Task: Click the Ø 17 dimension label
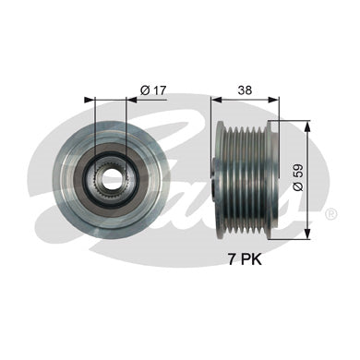153,90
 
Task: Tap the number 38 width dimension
245,90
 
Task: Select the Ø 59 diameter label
298,177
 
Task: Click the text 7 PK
245,259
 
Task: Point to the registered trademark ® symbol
330,214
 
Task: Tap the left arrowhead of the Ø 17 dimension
89,100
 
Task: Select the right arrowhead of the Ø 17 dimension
131,100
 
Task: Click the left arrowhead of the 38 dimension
217,100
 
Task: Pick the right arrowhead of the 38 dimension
273,100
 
